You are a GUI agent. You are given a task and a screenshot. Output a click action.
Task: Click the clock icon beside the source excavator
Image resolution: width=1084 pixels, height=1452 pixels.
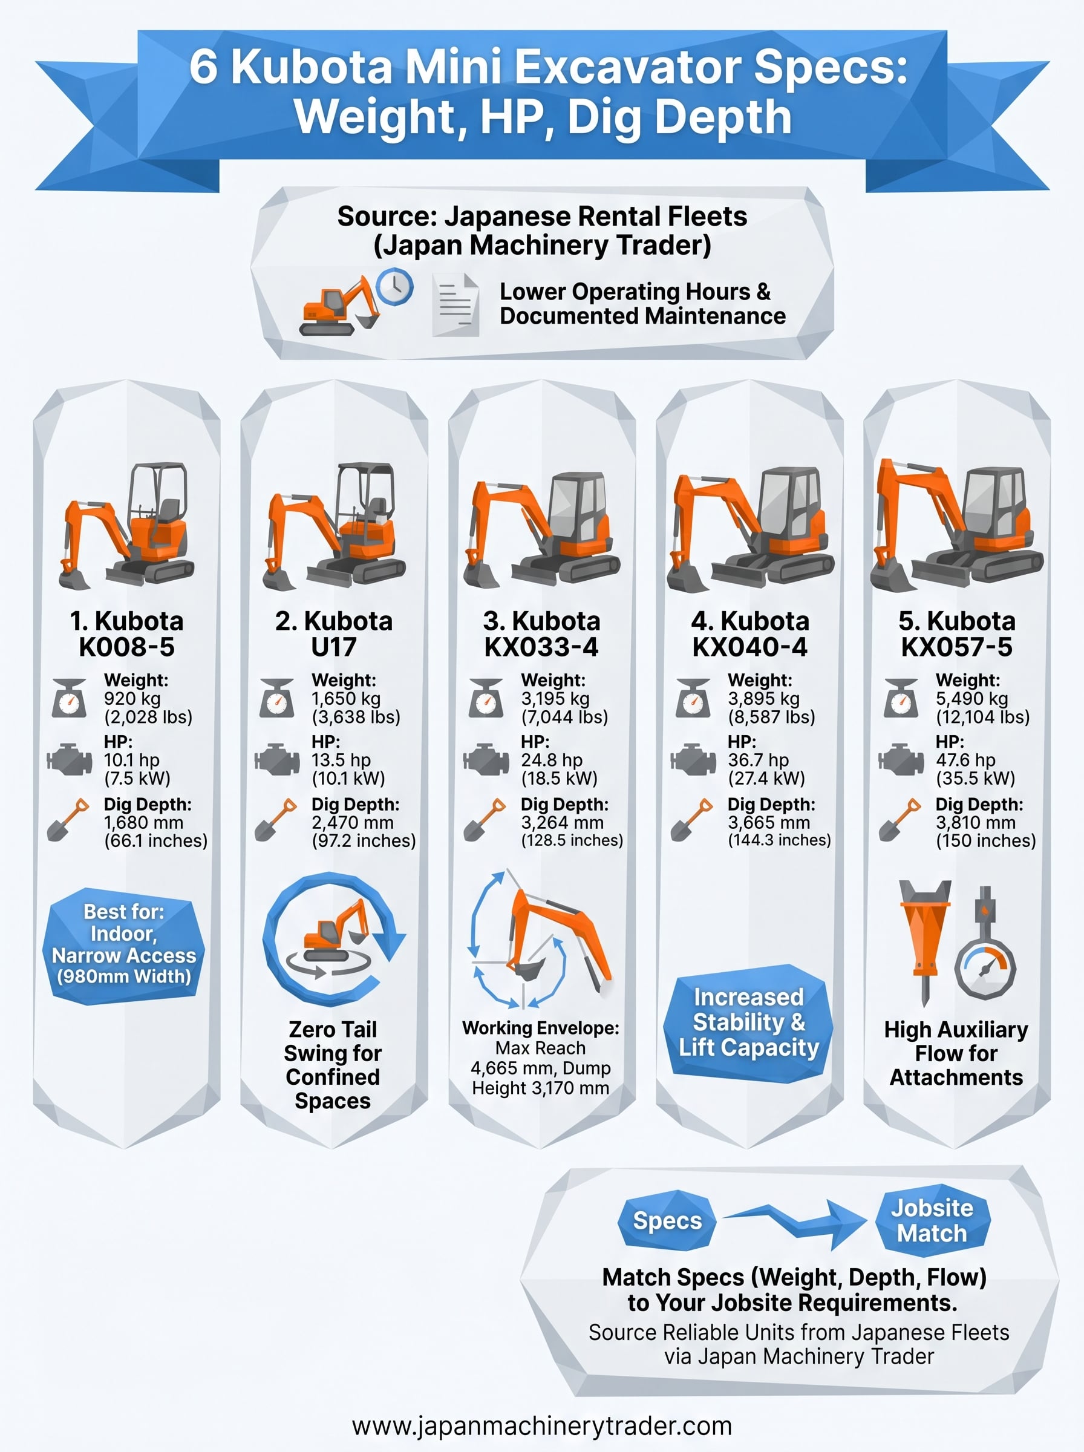[x=395, y=287]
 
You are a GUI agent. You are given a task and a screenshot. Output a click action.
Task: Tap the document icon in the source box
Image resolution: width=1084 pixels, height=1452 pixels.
[x=455, y=304]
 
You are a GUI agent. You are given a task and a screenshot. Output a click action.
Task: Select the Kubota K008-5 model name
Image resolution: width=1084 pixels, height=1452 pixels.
[x=126, y=634]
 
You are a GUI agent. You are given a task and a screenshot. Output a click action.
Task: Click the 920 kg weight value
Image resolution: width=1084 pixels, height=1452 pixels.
[x=132, y=699]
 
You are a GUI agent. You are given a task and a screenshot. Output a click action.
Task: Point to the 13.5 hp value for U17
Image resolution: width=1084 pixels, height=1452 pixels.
[x=341, y=760]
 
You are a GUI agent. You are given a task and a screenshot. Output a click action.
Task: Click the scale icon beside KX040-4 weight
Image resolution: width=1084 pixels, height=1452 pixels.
[x=693, y=699]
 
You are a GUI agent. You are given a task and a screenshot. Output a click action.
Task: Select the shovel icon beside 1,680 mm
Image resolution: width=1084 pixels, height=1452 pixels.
[x=68, y=820]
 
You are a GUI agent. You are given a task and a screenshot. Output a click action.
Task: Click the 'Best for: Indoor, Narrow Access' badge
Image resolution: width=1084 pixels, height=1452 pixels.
[x=124, y=945]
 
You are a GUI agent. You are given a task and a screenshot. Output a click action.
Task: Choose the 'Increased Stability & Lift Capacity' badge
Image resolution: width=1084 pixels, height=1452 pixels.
[x=749, y=1022]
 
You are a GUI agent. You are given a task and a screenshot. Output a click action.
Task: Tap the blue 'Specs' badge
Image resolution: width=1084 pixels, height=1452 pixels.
[x=667, y=1221]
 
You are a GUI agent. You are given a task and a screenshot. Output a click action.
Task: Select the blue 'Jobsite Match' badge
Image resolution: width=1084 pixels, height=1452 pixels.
[x=932, y=1220]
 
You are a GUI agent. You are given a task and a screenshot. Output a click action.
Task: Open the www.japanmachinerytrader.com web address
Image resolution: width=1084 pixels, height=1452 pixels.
[x=541, y=1427]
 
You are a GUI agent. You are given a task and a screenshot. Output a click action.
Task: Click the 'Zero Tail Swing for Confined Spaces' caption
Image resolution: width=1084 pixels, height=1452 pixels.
[x=333, y=1065]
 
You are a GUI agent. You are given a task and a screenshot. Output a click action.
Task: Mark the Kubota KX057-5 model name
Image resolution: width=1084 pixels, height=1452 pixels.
[x=957, y=634]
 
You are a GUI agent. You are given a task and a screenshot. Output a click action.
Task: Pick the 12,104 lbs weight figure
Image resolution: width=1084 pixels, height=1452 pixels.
[x=982, y=717]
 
